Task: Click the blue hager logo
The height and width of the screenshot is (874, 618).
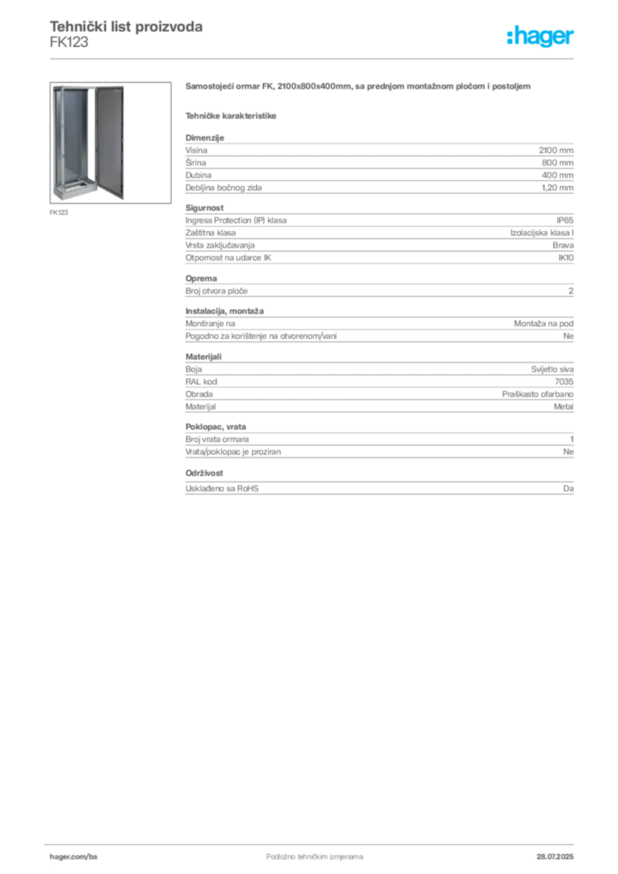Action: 542,38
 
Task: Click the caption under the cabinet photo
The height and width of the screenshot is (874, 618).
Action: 61,213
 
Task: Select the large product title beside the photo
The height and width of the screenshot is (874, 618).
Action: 359,87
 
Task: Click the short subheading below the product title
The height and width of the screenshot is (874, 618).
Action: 232,114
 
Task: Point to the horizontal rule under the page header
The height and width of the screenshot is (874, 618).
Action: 333,58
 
